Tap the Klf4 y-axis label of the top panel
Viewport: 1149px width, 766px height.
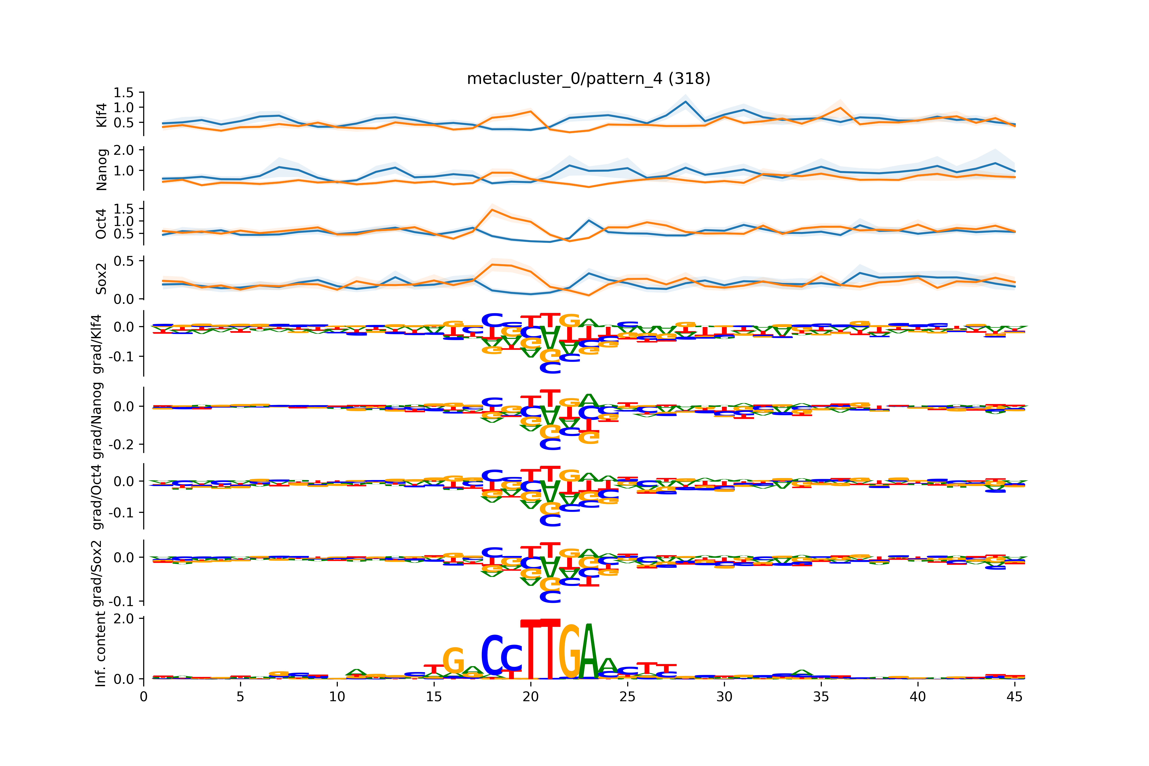coord(102,115)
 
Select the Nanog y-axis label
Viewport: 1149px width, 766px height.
coord(102,169)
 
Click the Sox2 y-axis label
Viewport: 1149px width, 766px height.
coord(102,278)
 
